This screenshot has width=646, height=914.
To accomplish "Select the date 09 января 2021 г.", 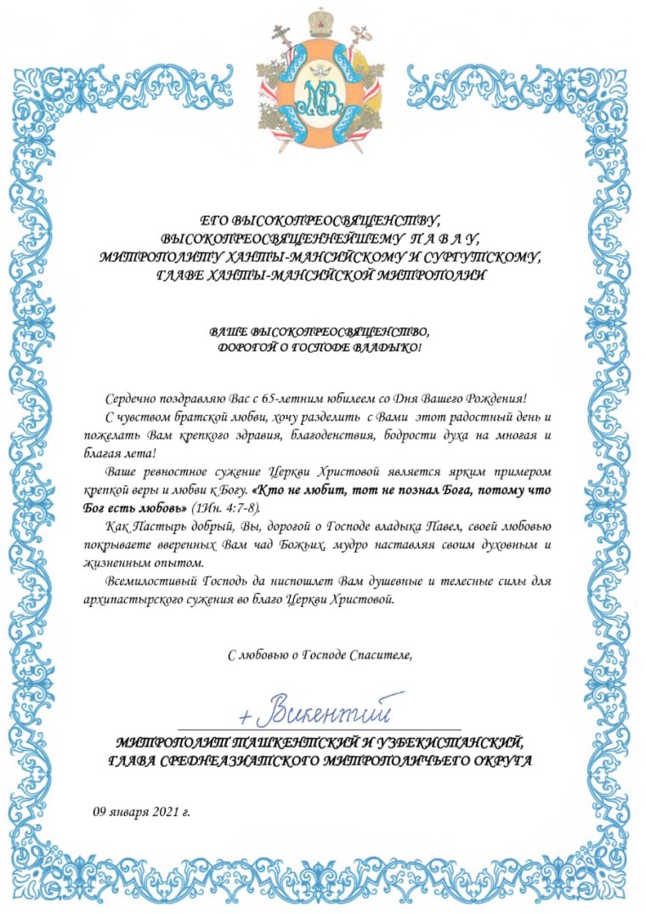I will pos(141,811).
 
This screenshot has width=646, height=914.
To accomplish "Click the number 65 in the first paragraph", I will pos(272,398).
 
